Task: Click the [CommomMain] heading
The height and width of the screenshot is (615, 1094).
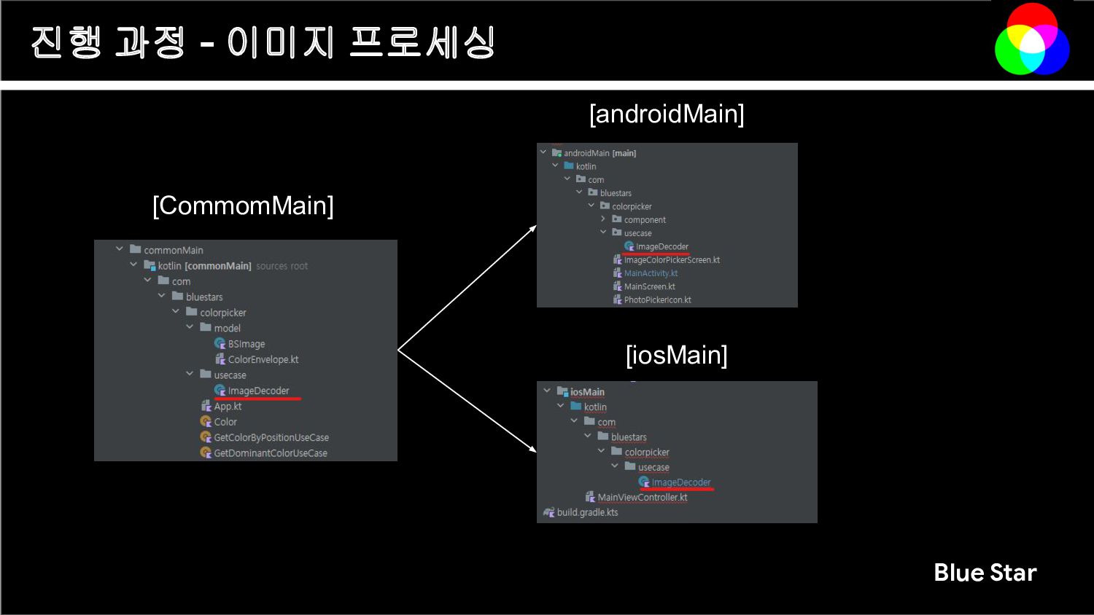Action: (x=243, y=205)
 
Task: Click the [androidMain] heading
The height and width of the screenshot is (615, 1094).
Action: (x=667, y=114)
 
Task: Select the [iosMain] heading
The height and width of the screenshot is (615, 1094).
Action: (x=676, y=356)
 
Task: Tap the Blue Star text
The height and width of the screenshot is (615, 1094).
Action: (x=985, y=573)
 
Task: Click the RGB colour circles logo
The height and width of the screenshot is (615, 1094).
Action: (x=1032, y=39)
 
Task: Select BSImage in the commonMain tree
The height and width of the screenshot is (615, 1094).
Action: (x=246, y=344)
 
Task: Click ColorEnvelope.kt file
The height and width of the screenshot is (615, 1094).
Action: (x=263, y=359)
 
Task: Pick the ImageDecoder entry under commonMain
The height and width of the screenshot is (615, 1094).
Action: (x=258, y=391)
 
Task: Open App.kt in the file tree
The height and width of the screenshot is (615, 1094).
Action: (x=228, y=407)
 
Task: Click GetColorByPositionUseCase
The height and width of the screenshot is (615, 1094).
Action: (x=271, y=437)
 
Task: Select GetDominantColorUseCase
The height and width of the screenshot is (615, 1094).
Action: (x=270, y=453)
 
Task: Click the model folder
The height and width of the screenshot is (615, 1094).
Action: (x=227, y=328)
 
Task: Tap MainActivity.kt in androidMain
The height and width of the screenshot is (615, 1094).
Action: (x=651, y=273)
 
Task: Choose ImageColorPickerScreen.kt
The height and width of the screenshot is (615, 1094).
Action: (x=672, y=260)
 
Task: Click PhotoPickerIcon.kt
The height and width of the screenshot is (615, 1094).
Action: (x=657, y=299)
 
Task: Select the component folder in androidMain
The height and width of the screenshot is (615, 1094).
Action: (x=645, y=220)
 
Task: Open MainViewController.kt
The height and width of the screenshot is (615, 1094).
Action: (x=642, y=498)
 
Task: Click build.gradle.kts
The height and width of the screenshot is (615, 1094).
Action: (x=587, y=512)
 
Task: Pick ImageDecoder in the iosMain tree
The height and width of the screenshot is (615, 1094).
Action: (x=680, y=482)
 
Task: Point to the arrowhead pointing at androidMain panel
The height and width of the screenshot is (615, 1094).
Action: (x=533, y=229)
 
